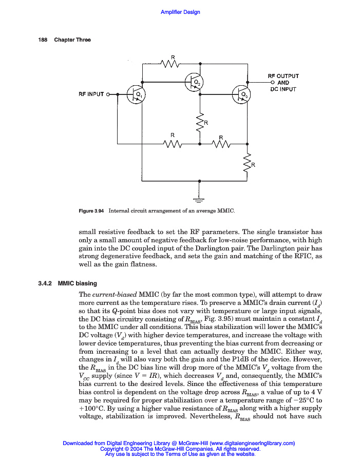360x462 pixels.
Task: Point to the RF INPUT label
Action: click(91, 94)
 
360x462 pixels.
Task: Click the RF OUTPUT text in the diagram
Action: click(283, 76)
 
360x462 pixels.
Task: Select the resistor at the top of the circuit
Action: click(170, 64)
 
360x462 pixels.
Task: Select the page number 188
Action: click(43, 40)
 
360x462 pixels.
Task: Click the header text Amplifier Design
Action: click(180, 12)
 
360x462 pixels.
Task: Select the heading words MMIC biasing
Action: click(78, 283)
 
